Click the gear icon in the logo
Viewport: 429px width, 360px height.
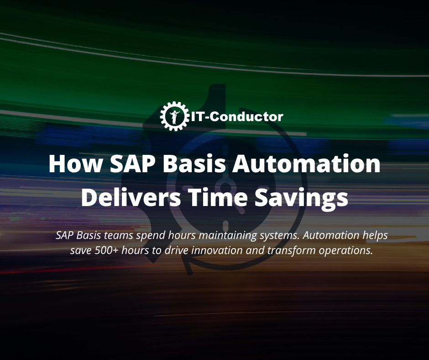(x=174, y=116)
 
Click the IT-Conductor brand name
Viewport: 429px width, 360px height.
(x=235, y=116)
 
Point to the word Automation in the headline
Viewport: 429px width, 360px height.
(x=307, y=164)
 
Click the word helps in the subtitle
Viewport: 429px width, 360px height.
(x=375, y=236)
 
